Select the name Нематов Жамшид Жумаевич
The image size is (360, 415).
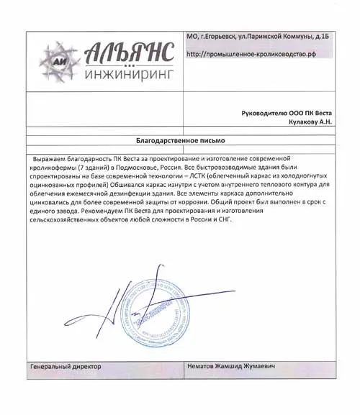coord(231,367)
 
